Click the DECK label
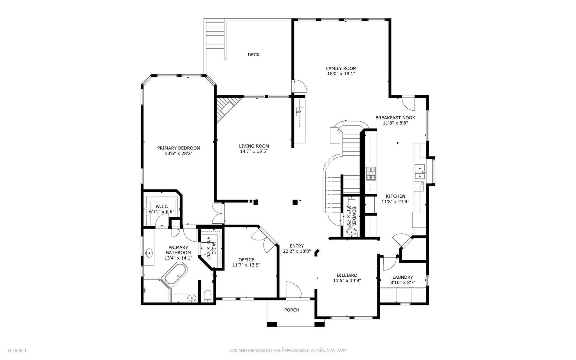253,55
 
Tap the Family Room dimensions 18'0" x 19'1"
341,74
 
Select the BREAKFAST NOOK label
395,118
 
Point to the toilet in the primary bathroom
208,296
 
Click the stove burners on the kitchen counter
371,174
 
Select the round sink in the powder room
351,232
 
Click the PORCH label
292,310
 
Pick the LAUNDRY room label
403,277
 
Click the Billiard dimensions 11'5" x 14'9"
347,280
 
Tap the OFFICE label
246,260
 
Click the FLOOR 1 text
17,350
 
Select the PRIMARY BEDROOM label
179,148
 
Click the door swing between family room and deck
300,87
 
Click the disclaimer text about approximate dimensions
288,350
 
